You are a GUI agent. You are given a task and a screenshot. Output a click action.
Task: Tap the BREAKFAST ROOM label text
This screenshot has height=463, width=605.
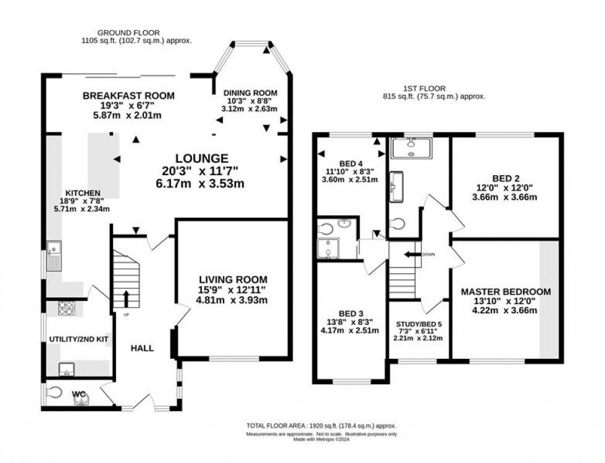point(129,96)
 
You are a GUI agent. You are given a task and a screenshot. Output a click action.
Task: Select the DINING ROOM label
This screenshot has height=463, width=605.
point(251,91)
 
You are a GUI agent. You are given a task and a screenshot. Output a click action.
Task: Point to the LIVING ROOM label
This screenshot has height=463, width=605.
point(232,279)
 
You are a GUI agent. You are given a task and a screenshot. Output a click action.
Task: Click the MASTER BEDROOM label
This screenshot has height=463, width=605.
point(506,292)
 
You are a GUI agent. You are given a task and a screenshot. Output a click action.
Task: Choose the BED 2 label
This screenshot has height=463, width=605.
point(506,179)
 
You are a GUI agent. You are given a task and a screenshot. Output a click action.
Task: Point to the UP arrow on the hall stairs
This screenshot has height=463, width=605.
point(127,299)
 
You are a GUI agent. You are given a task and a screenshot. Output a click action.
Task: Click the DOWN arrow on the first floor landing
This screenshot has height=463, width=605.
point(409,253)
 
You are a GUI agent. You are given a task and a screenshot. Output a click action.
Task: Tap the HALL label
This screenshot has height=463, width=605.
point(141,348)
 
